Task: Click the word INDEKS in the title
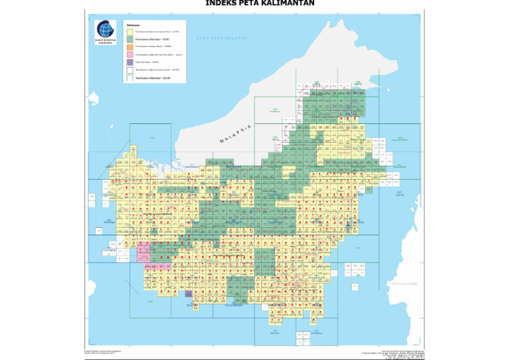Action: tap(221, 3)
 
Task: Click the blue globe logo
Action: tap(105, 29)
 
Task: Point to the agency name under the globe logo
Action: tap(105, 41)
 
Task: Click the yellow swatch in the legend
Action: tap(130, 32)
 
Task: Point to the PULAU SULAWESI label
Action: tap(405, 283)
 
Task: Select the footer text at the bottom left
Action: tap(100, 351)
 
